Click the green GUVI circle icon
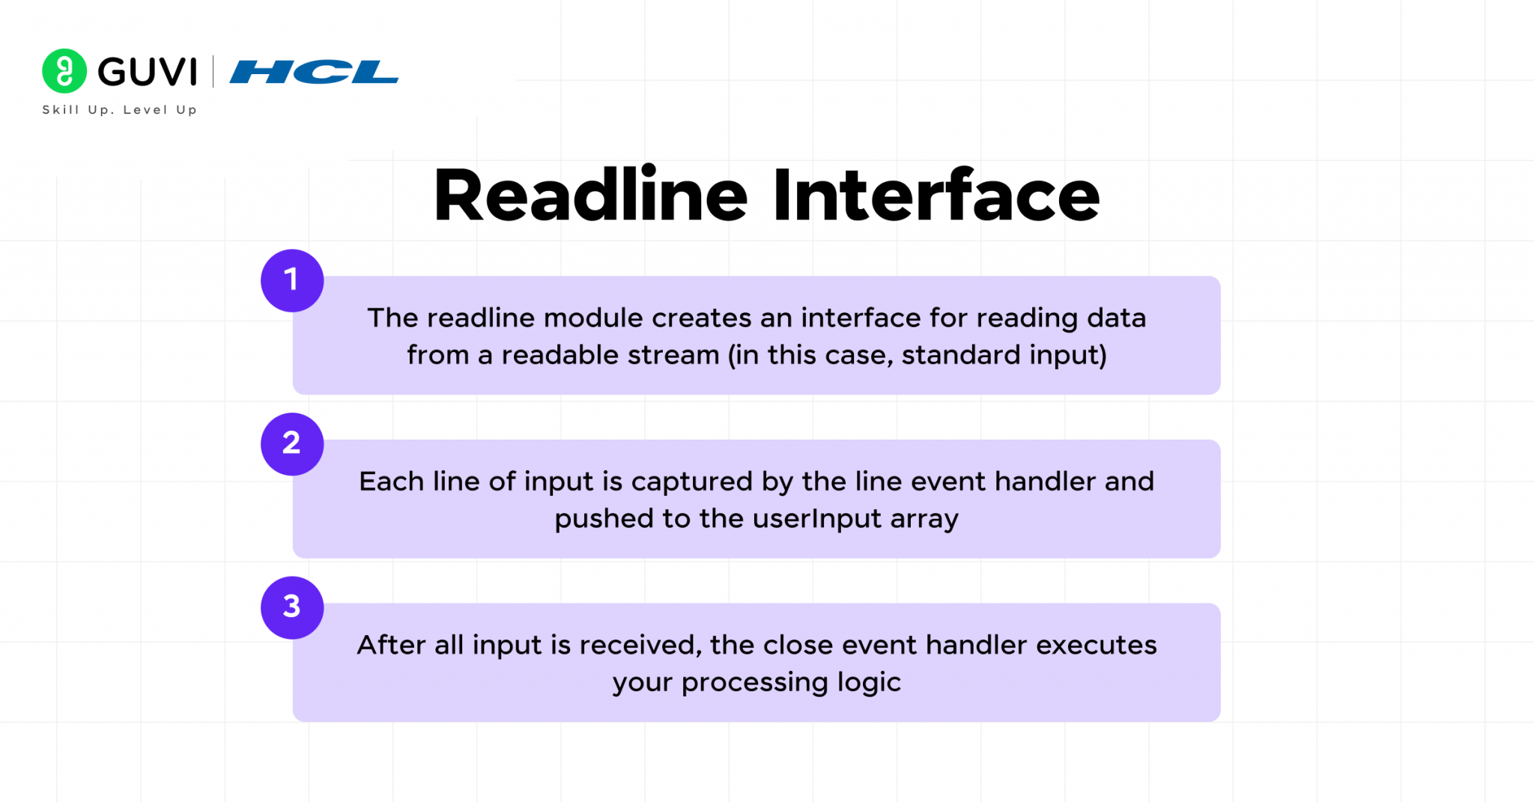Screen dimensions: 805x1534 64,71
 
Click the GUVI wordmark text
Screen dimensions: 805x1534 148,73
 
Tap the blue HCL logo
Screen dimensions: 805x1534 314,72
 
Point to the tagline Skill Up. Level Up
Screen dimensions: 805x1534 120,110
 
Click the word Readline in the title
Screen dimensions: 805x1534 590,196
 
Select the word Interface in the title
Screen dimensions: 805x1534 936,196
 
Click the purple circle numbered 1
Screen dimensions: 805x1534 292,281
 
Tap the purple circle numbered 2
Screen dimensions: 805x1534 292,444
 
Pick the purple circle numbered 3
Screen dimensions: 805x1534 292,607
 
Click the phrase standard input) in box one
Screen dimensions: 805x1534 1004,355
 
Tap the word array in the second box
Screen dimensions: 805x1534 924,519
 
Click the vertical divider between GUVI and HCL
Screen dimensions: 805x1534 213,72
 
